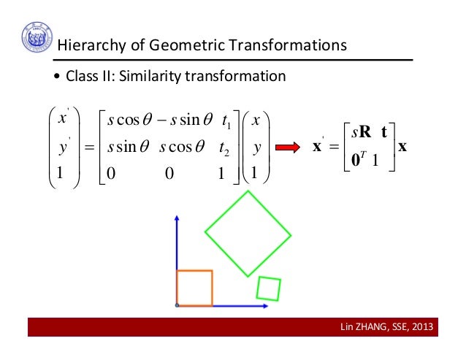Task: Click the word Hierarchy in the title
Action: pyautogui.click(x=90, y=46)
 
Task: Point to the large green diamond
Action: pyautogui.click(x=248, y=234)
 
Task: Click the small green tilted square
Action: pyautogui.click(x=269, y=288)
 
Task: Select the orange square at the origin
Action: pyautogui.click(x=194, y=288)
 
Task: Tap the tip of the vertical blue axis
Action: pyautogui.click(x=177, y=216)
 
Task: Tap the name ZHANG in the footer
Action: pyautogui.click(x=370, y=326)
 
